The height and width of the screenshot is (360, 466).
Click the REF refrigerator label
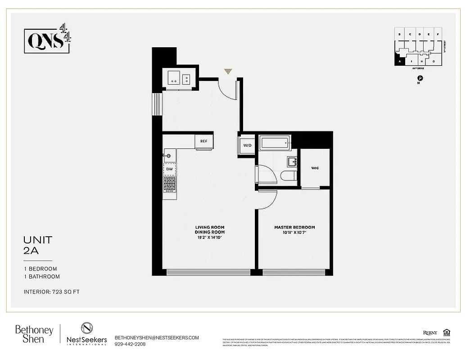204,141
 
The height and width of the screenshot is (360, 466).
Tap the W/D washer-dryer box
247,145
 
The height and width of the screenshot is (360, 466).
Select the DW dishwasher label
170,169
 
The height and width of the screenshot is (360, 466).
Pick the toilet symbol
288,175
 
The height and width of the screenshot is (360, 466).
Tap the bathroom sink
291,162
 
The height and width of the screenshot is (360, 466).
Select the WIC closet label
315,168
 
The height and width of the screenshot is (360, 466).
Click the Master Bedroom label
294,227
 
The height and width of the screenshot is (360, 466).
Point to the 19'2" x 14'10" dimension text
209,237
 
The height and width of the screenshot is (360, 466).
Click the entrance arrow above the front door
228,71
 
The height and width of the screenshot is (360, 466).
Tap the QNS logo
47,41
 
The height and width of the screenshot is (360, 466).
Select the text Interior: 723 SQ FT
51,292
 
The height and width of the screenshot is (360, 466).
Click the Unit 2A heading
38,246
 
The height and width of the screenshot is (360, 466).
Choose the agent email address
157,337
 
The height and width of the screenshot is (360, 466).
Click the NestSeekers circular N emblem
86,328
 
